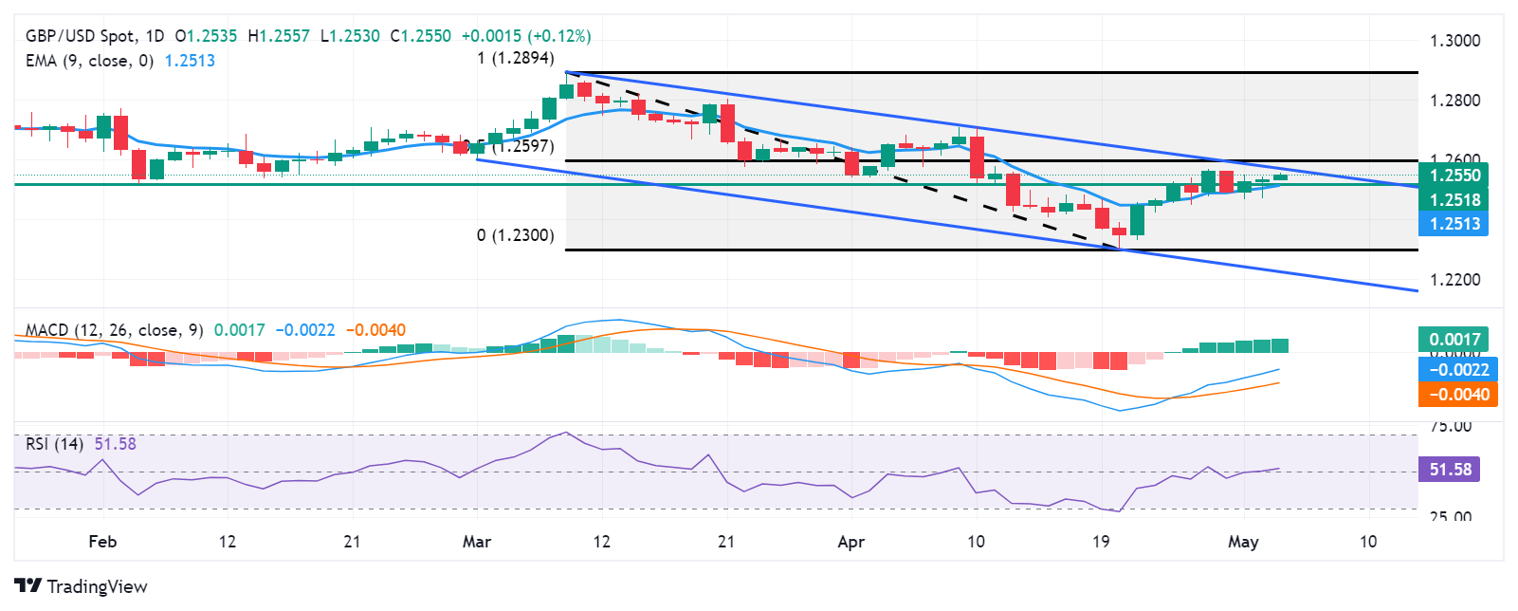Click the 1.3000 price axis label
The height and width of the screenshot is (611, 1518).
pos(1454,41)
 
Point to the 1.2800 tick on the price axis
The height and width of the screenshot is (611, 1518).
pos(1454,101)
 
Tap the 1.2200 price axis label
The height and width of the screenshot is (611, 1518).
pos(1454,280)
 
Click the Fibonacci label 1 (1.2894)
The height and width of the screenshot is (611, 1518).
pos(516,59)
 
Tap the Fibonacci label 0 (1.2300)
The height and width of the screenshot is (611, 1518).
pos(516,235)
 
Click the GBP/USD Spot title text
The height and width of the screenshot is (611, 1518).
pos(81,36)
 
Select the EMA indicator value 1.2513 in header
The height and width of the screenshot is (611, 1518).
pos(190,61)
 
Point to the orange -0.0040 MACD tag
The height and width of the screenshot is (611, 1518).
pos(1458,395)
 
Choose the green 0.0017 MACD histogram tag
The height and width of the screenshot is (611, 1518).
pos(1454,340)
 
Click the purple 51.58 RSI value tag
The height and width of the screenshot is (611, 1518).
pos(1450,470)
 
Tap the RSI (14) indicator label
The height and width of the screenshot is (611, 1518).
pos(54,444)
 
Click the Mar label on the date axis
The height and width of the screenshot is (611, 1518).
pos(477,542)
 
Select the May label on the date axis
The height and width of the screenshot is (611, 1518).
pos(1243,542)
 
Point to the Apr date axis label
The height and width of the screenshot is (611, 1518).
pos(851,542)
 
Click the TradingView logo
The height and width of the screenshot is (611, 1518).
pos(82,586)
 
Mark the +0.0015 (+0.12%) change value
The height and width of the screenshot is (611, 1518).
pos(526,36)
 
